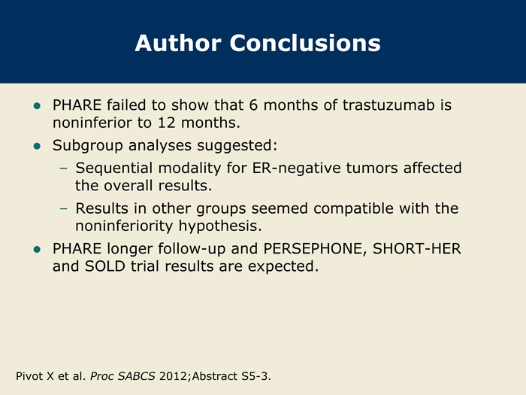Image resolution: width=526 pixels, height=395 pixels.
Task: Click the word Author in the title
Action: (x=178, y=43)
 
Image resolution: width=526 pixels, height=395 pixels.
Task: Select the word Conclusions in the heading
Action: (x=305, y=43)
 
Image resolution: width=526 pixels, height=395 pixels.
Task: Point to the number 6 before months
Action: (x=253, y=105)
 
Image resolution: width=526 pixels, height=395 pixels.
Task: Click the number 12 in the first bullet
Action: (x=167, y=123)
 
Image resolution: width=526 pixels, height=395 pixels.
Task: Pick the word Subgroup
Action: (x=88, y=146)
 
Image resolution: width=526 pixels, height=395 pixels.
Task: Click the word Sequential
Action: (x=114, y=169)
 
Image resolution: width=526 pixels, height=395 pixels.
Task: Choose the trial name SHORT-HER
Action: (x=417, y=248)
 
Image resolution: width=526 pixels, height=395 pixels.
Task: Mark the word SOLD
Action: (x=105, y=266)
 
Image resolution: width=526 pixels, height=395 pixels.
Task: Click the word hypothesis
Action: (x=220, y=226)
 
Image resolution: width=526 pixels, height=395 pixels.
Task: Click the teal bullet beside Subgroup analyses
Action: (x=37, y=146)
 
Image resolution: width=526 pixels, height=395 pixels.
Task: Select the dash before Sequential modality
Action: (x=63, y=169)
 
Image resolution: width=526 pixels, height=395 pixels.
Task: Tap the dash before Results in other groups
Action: (x=63, y=208)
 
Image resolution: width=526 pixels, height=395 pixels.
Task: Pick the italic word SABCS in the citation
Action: (x=137, y=376)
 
